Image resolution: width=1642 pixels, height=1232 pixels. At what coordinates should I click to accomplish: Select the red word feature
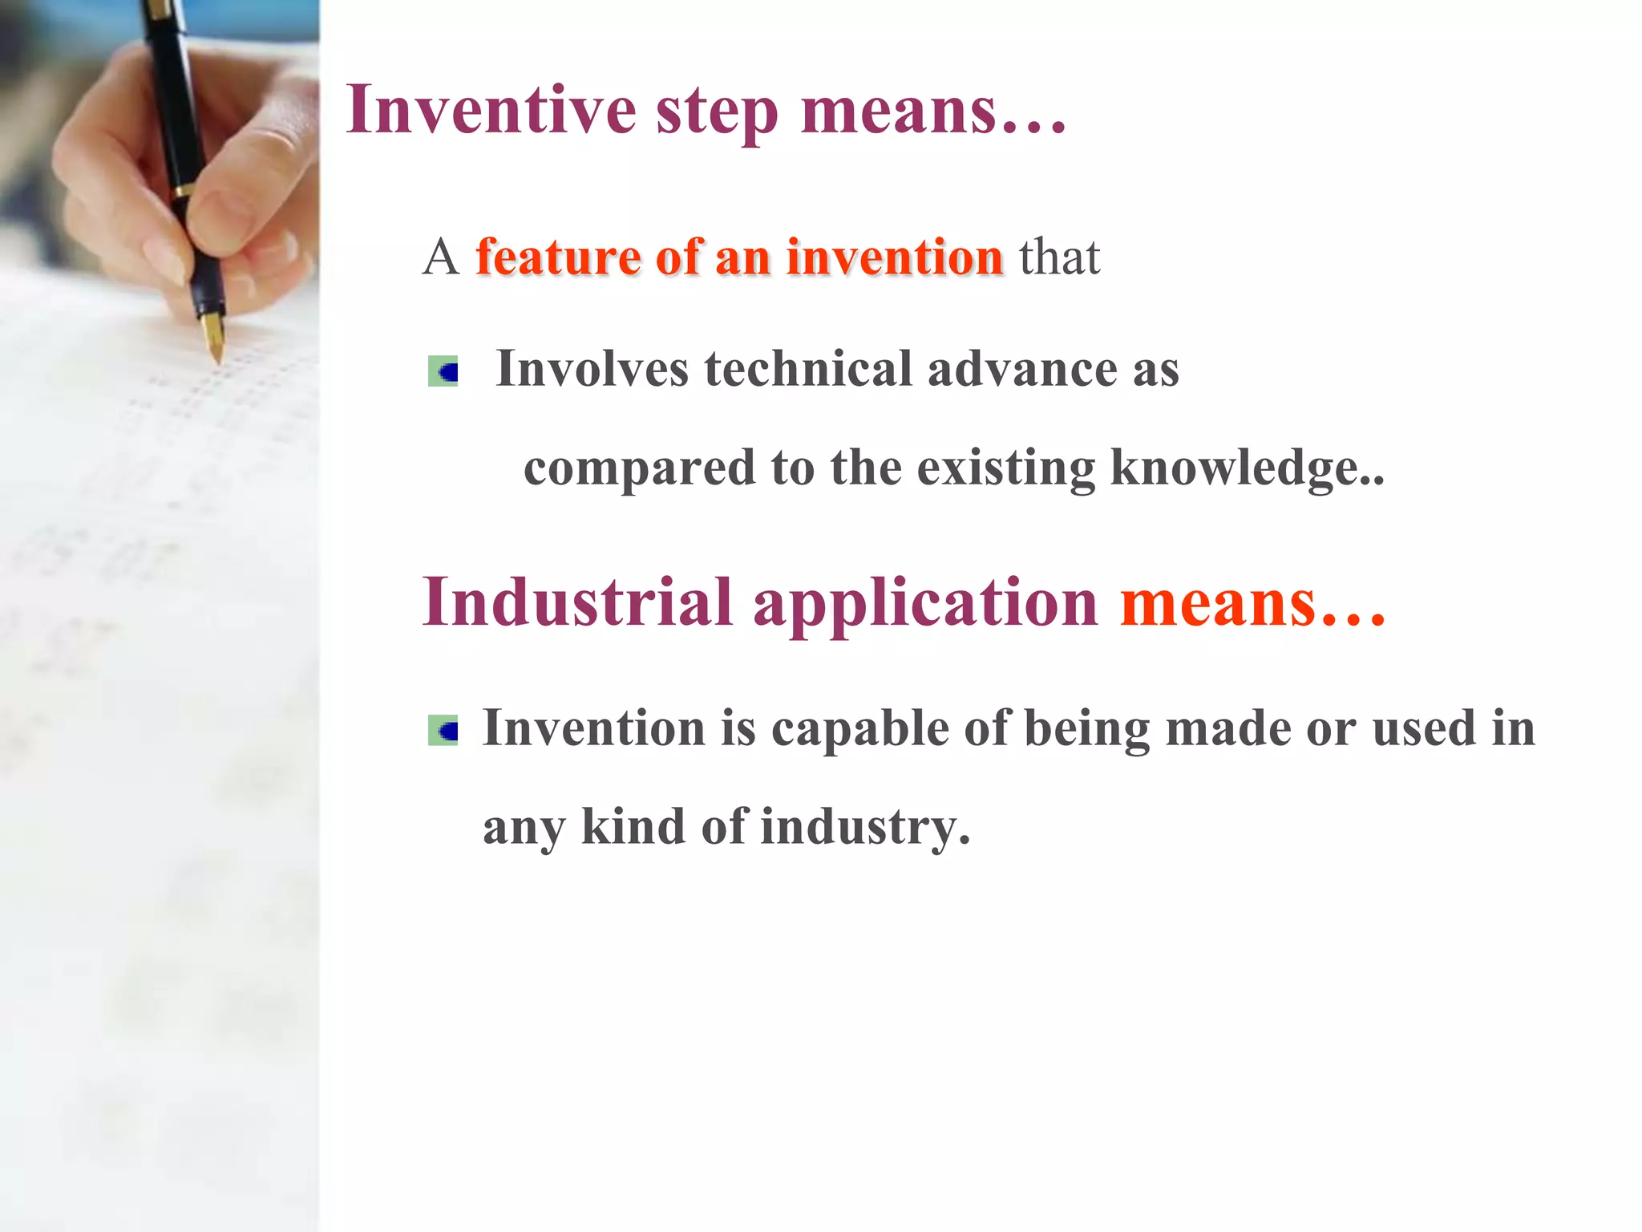pos(557,257)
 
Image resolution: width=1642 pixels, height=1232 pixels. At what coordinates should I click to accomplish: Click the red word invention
pos(894,257)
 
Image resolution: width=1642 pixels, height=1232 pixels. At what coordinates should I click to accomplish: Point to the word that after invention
pos(1059,257)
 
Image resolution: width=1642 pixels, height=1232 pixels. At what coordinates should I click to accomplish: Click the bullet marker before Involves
pos(443,371)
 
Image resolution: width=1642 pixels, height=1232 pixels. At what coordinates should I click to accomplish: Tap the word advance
pos(1021,369)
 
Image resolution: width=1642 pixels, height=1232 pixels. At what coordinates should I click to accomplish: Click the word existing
pos(1005,468)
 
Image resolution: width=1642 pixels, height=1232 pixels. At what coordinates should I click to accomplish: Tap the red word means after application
pos(1218,604)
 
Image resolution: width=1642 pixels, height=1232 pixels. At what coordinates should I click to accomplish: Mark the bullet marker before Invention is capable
pos(443,730)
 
